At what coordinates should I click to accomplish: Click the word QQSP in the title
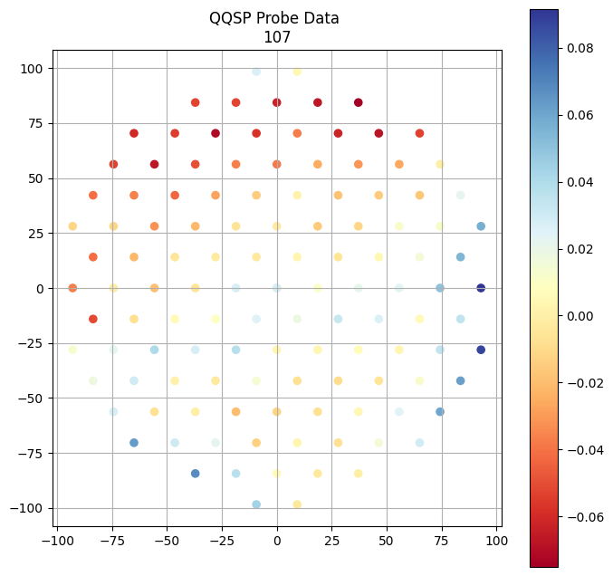pos(230,18)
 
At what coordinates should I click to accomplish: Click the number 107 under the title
pos(277,37)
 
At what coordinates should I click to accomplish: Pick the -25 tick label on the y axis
pos(32,343)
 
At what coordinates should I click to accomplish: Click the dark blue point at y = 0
pos(481,288)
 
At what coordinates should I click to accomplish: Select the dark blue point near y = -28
pos(481,350)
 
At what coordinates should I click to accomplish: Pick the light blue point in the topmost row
pos(256,72)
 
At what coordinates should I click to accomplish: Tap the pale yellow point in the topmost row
pos(297,72)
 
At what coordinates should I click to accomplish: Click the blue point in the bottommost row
pos(256,504)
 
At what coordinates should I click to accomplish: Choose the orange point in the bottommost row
pos(297,504)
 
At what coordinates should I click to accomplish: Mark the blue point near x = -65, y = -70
pos(134,443)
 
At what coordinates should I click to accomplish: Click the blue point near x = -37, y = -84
pos(196,474)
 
